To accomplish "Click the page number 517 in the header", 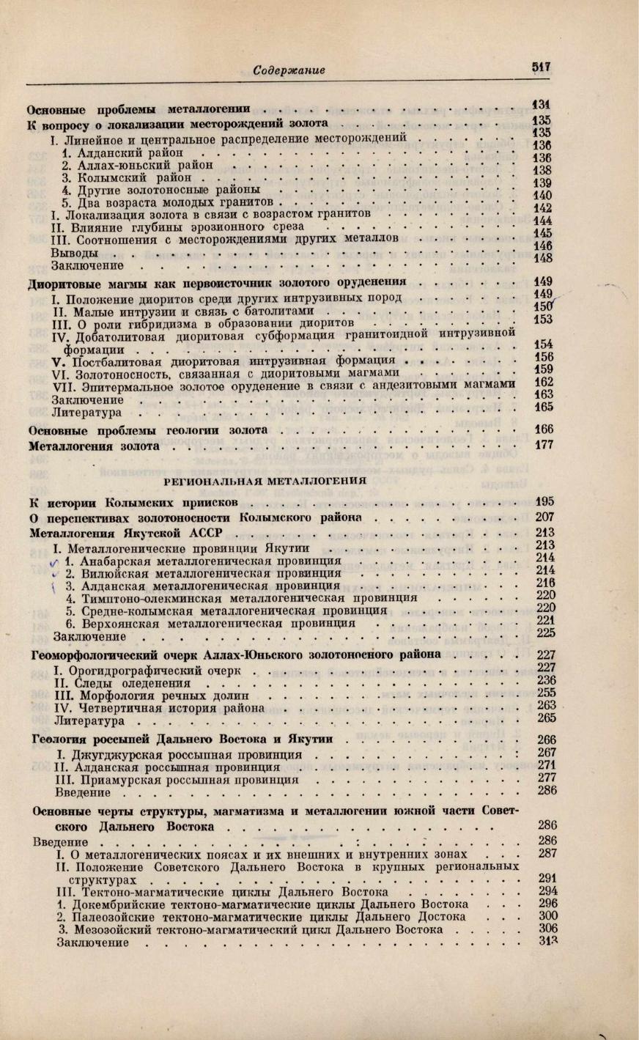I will click(x=542, y=65).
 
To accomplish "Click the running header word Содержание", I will click(x=288, y=70).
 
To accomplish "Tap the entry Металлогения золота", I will click(x=94, y=445).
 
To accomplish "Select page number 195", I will click(x=544, y=502).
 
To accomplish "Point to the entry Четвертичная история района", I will click(x=160, y=709).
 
